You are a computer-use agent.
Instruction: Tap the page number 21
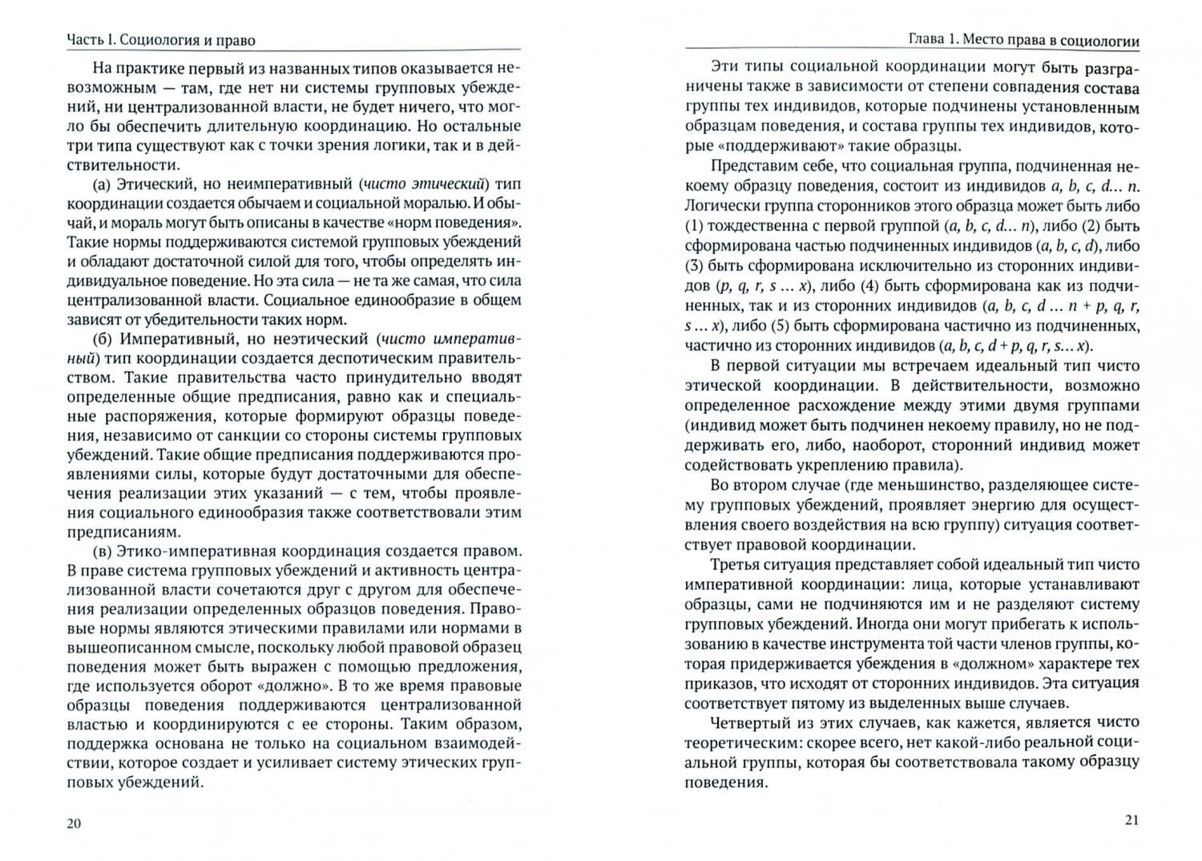(1131, 819)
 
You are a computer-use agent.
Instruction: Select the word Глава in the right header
(930, 39)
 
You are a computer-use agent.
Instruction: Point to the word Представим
(752, 167)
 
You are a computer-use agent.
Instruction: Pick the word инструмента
(873, 644)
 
